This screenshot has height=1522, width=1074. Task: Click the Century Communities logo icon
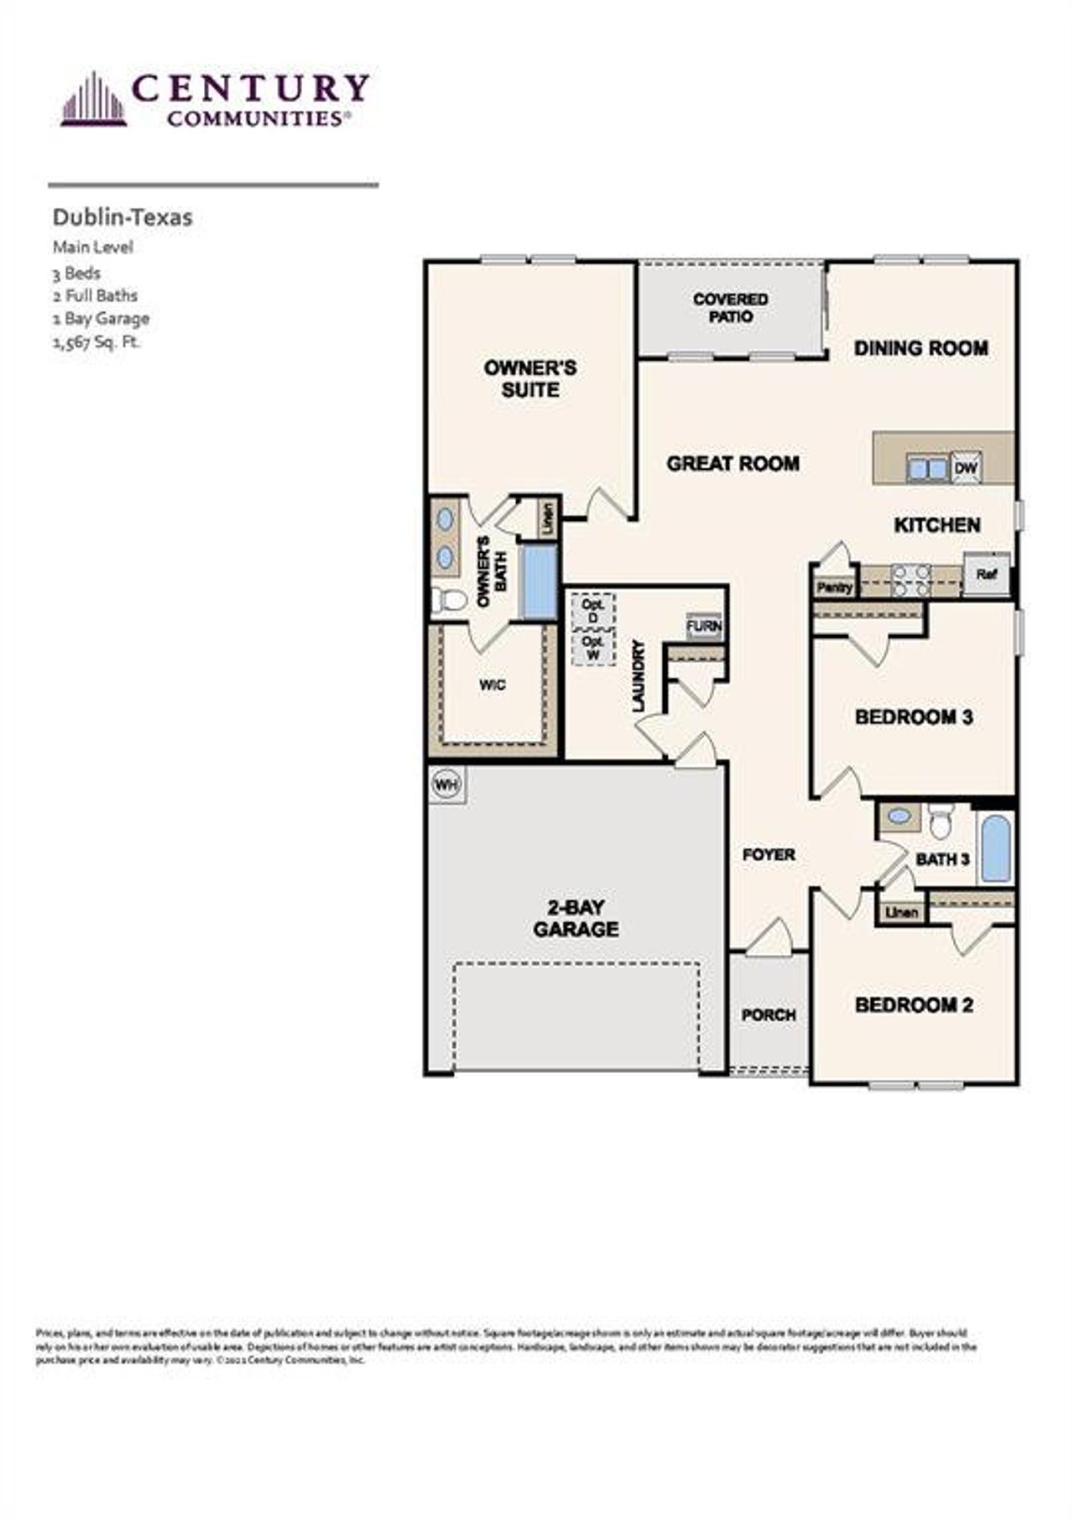coord(93,101)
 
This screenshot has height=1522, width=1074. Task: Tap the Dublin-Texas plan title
coord(123,217)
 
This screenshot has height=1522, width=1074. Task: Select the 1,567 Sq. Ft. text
coord(96,341)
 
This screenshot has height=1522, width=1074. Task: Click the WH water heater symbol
coord(446,785)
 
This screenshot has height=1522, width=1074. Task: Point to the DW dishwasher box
coord(967,467)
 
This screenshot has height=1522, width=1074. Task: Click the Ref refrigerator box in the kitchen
coord(986,575)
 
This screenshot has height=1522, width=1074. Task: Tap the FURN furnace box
coord(703,626)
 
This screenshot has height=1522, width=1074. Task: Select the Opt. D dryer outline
coord(593,612)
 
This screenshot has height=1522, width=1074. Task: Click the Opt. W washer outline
coord(593,648)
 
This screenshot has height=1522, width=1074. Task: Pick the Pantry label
coord(834,588)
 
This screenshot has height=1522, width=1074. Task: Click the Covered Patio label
coord(730,308)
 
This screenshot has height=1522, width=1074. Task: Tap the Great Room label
coord(733,463)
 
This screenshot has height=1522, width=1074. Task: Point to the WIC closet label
coord(492,685)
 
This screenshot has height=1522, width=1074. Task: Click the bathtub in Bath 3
coord(996,847)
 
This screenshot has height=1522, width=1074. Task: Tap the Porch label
coord(768,1015)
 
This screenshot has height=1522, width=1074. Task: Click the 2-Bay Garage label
coord(576,918)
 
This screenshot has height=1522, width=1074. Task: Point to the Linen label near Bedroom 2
coord(901,912)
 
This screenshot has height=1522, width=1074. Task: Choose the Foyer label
coord(769,854)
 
